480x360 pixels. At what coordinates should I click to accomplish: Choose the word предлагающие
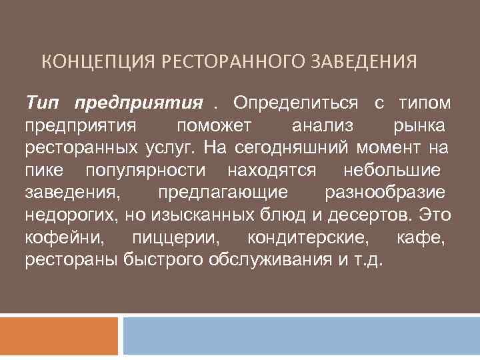pyautogui.click(x=223, y=192)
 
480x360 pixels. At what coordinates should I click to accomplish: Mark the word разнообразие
pyautogui.click(x=385, y=192)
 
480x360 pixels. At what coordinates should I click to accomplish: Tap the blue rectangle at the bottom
pyautogui.click(x=301, y=336)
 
